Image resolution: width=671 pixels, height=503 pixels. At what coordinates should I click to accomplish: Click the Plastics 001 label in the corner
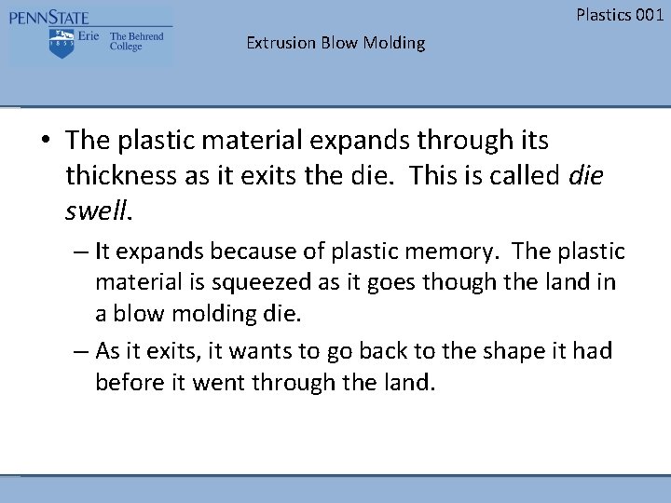[x=620, y=14]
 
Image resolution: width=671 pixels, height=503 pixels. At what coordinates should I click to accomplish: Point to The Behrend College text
[x=136, y=42]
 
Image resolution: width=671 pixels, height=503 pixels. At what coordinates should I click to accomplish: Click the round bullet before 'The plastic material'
[x=46, y=142]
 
